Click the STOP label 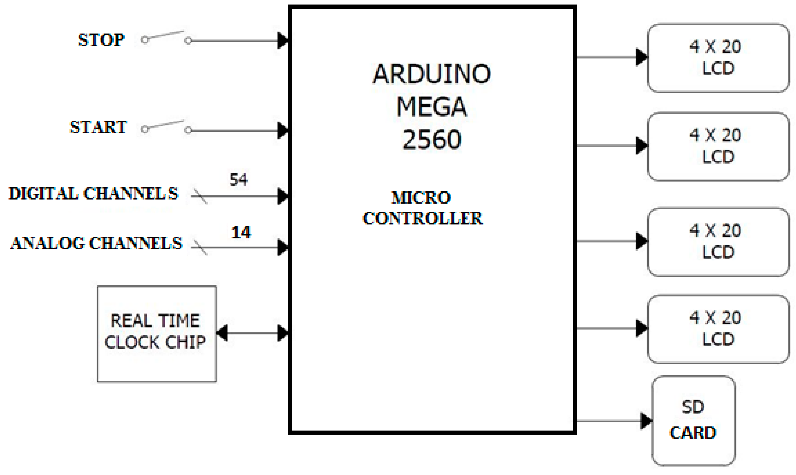101,40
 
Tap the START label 98,127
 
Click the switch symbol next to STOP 166,37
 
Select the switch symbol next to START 166,126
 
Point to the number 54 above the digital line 238,180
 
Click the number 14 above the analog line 241,232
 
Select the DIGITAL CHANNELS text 93,194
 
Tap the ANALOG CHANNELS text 96,243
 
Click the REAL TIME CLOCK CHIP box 157,334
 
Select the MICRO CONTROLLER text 423,208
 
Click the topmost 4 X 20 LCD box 718,58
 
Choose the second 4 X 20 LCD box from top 718,146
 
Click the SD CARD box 693,420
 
